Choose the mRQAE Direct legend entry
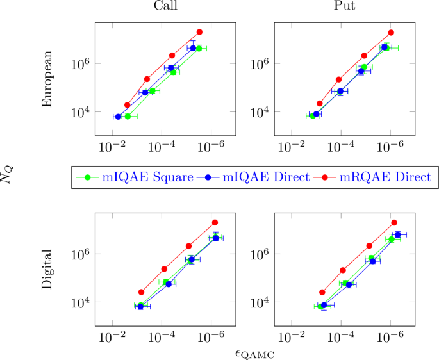(x=385, y=177)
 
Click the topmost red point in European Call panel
(x=199, y=31)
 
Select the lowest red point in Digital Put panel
(x=322, y=292)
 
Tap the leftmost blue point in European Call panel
(x=118, y=117)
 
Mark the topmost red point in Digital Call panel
(x=215, y=222)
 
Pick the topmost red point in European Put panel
(x=391, y=32)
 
